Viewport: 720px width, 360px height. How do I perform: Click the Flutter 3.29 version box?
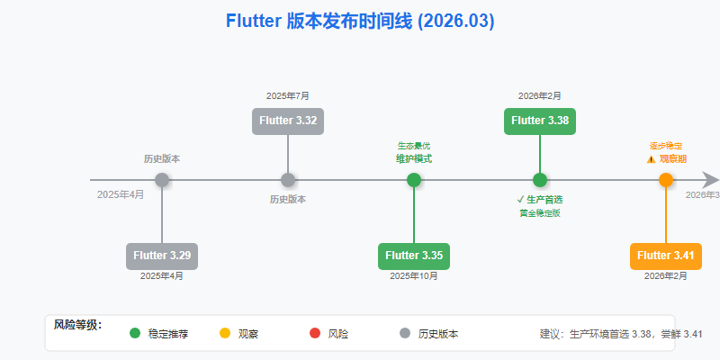click(x=162, y=256)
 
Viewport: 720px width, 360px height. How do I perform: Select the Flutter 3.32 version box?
click(x=288, y=120)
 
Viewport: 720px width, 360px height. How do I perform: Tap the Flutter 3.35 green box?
click(x=414, y=256)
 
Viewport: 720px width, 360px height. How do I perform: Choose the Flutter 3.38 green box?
click(x=540, y=120)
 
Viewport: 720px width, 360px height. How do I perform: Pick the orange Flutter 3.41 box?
click(x=666, y=256)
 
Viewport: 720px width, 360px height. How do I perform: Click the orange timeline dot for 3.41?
click(x=666, y=180)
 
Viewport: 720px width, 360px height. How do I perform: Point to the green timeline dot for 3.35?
click(x=414, y=180)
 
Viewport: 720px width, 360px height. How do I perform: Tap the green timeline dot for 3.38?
click(x=540, y=180)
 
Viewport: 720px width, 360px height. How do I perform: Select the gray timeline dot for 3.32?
click(x=288, y=180)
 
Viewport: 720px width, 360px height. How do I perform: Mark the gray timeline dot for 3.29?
click(x=162, y=180)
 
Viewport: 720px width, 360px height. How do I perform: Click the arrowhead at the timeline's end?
click(x=711, y=180)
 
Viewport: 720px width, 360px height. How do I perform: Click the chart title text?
click(x=360, y=21)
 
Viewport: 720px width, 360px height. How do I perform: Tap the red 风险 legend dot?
click(x=315, y=333)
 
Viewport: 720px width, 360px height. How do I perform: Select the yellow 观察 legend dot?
click(x=225, y=333)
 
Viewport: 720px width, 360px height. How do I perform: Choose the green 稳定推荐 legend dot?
click(x=135, y=333)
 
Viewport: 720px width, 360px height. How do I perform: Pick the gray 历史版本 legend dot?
click(x=405, y=333)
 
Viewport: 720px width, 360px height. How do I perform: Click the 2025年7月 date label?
click(x=288, y=95)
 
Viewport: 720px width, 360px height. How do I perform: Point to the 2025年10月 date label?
click(x=414, y=276)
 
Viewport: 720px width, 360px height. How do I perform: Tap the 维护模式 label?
click(x=414, y=158)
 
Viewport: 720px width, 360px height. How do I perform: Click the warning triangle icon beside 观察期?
click(x=651, y=158)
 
